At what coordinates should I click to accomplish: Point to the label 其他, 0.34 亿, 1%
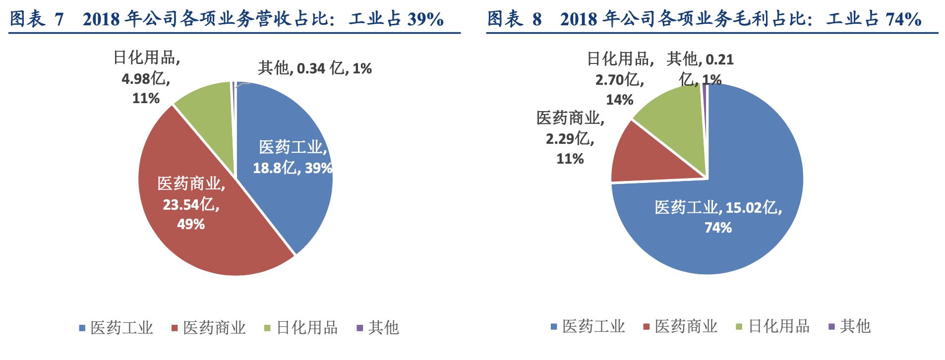(315, 68)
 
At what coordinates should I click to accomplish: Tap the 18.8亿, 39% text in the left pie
(292, 168)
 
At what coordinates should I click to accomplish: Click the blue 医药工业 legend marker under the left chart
(83, 328)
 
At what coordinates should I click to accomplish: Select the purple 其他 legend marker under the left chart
(360, 328)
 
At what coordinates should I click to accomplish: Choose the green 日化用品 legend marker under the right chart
(739, 327)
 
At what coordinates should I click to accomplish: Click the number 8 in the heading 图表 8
(537, 19)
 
